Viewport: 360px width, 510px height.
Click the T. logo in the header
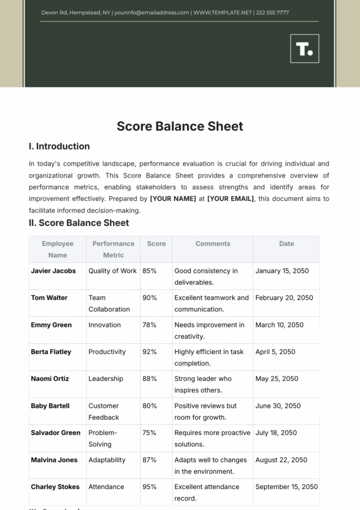click(305, 48)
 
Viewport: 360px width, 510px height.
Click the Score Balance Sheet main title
click(180, 126)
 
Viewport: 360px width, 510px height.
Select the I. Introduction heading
click(59, 146)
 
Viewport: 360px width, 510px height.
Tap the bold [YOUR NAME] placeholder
click(173, 199)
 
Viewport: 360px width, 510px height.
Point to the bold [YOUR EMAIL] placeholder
click(231, 199)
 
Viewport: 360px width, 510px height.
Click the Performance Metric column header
click(113, 249)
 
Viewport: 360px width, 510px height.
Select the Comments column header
click(213, 244)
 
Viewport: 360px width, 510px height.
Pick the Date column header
click(286, 244)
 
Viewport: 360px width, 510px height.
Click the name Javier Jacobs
click(53, 271)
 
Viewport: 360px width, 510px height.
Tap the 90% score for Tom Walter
click(150, 298)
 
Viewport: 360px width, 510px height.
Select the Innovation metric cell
click(105, 325)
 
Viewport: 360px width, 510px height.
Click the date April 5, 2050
click(275, 352)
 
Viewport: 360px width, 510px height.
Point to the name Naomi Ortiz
click(50, 379)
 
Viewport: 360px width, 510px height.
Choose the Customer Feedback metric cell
click(104, 412)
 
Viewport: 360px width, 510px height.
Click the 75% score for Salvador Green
click(150, 433)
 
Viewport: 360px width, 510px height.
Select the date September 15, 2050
click(286, 487)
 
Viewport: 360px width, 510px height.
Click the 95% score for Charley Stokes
click(150, 487)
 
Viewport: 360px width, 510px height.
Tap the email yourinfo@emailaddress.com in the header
click(151, 13)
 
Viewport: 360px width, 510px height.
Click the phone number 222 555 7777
click(273, 13)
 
